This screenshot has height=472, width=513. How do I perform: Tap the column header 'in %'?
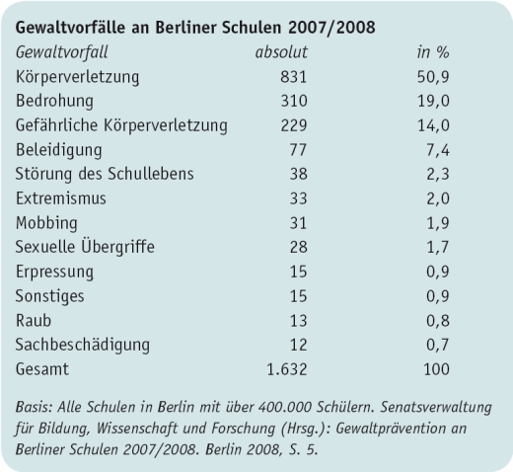pos(434,51)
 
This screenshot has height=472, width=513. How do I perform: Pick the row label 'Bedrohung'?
pos(56,101)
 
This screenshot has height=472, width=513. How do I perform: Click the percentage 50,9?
pos(432,76)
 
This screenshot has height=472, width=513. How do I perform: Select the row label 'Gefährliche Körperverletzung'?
pos(121,125)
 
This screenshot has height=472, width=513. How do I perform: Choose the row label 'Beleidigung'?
pos(58,150)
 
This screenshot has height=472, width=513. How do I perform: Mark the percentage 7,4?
pos(436,150)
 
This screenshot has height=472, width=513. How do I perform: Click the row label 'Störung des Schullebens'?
pos(105,174)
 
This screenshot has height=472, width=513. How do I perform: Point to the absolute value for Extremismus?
pos(296,198)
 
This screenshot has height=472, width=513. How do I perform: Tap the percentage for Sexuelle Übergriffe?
pos(436,247)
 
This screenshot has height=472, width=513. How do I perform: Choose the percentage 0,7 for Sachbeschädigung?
pos(436,345)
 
